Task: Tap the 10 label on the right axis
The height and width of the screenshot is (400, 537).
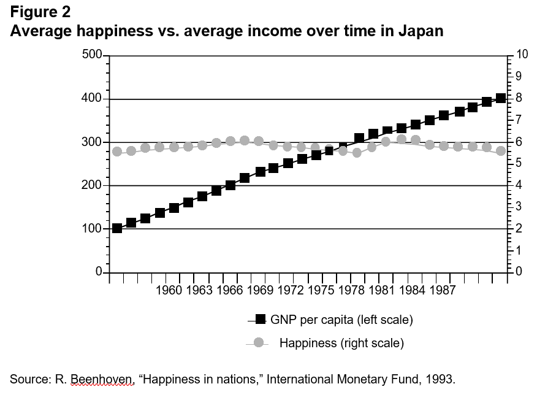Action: click(522, 55)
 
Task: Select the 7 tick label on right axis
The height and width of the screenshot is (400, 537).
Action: click(519, 120)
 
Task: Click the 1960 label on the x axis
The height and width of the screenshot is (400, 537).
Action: click(169, 290)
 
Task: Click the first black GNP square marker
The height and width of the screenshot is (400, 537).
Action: click(117, 228)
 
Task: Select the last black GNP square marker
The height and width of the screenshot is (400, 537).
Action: click(501, 98)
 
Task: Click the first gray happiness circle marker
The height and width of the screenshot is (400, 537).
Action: click(117, 152)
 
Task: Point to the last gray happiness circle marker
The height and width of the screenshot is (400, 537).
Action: click(501, 151)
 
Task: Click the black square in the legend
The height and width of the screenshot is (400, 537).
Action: click(260, 319)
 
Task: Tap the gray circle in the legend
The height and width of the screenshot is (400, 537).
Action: click(259, 342)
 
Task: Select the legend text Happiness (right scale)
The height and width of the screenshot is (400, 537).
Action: click(341, 343)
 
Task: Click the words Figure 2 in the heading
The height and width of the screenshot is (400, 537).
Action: click(40, 12)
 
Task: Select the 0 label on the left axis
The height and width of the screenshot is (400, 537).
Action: click(96, 272)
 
